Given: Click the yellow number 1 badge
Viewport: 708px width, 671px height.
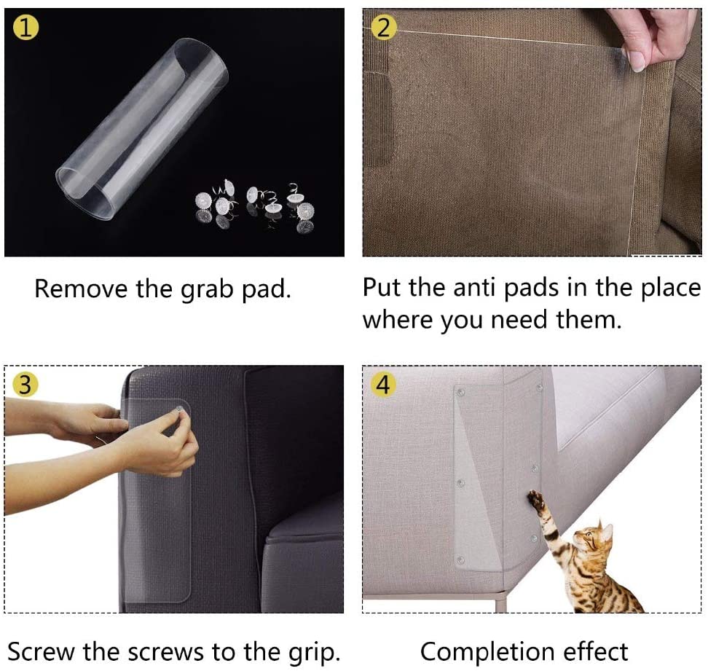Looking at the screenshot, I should pos(25,29).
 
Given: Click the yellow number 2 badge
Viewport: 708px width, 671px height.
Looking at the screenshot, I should pos(384,29).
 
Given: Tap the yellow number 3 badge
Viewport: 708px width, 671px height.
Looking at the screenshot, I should pos(25,384).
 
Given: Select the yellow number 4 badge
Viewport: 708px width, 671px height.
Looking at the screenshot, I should pos(384,384).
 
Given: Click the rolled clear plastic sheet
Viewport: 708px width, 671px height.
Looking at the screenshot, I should pos(142,131).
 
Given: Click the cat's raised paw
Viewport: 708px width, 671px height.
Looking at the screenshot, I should pos(536,501).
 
